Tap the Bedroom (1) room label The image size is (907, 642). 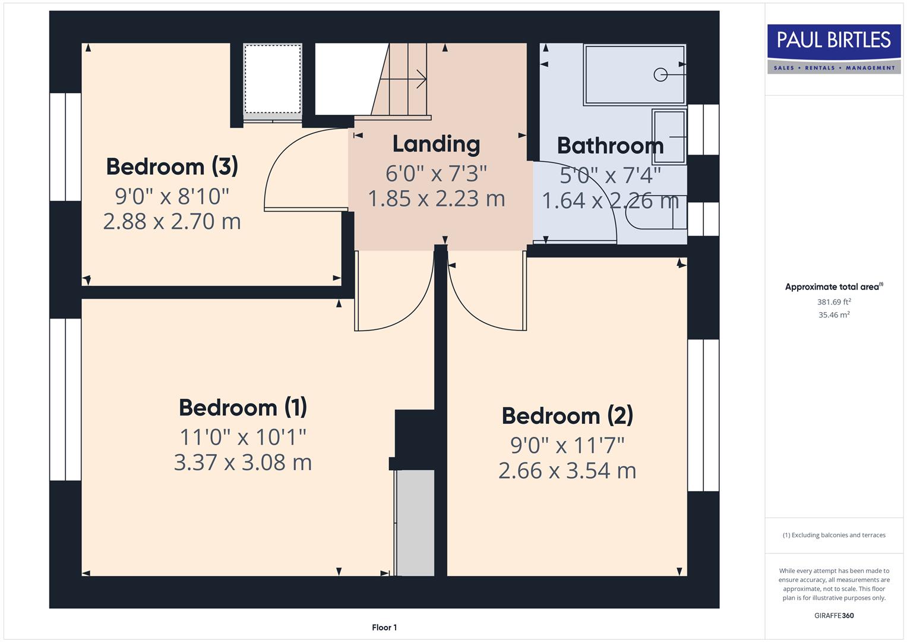click(243, 408)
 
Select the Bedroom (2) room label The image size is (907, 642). click(567, 416)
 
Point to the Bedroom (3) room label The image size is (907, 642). click(172, 166)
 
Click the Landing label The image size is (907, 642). click(436, 144)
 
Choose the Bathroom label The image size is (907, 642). click(610, 146)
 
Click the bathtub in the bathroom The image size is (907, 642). click(634, 75)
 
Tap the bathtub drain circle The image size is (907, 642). click(660, 75)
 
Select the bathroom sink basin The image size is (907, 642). click(669, 136)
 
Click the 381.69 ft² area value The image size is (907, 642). click(834, 302)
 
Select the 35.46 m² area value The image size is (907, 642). click(834, 315)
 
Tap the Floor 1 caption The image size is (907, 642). click(384, 627)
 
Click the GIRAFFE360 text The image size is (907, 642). click(834, 615)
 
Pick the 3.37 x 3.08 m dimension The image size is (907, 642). click(243, 462)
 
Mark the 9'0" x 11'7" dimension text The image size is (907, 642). click(567, 445)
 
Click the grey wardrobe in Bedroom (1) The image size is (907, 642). click(415, 522)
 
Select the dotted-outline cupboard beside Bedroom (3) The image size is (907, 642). click(273, 78)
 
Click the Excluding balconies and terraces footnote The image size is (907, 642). click(834, 535)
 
